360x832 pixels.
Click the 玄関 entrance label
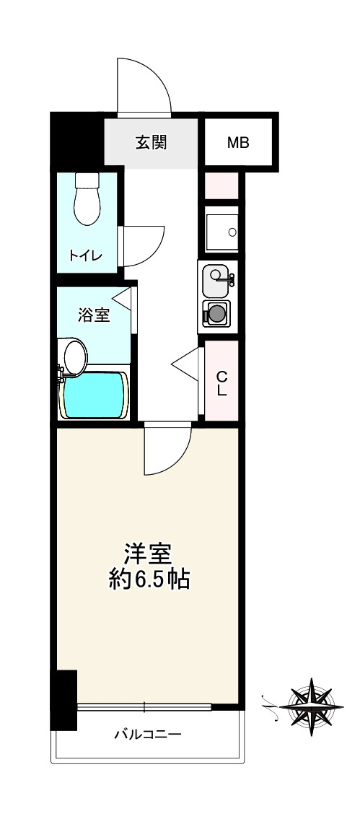click(x=152, y=142)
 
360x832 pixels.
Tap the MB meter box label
click(x=238, y=142)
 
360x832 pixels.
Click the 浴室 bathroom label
click(x=94, y=315)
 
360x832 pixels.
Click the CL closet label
click(x=222, y=383)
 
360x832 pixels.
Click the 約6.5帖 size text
click(x=149, y=579)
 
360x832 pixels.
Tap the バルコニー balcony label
click(x=147, y=735)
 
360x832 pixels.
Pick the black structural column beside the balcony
click(x=66, y=700)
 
